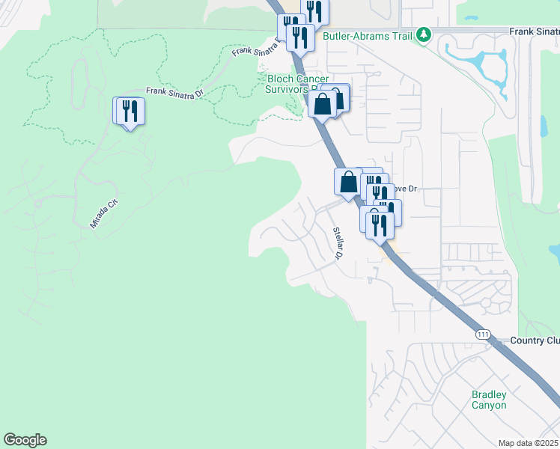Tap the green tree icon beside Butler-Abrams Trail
(424, 34)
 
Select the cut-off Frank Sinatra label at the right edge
(534, 31)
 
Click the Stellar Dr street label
(338, 244)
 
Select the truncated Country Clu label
(535, 340)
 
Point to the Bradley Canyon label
(489, 400)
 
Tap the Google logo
(25, 440)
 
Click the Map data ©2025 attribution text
(528, 443)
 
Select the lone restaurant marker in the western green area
(130, 112)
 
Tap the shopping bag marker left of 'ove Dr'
(349, 180)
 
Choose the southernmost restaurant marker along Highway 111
(380, 224)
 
